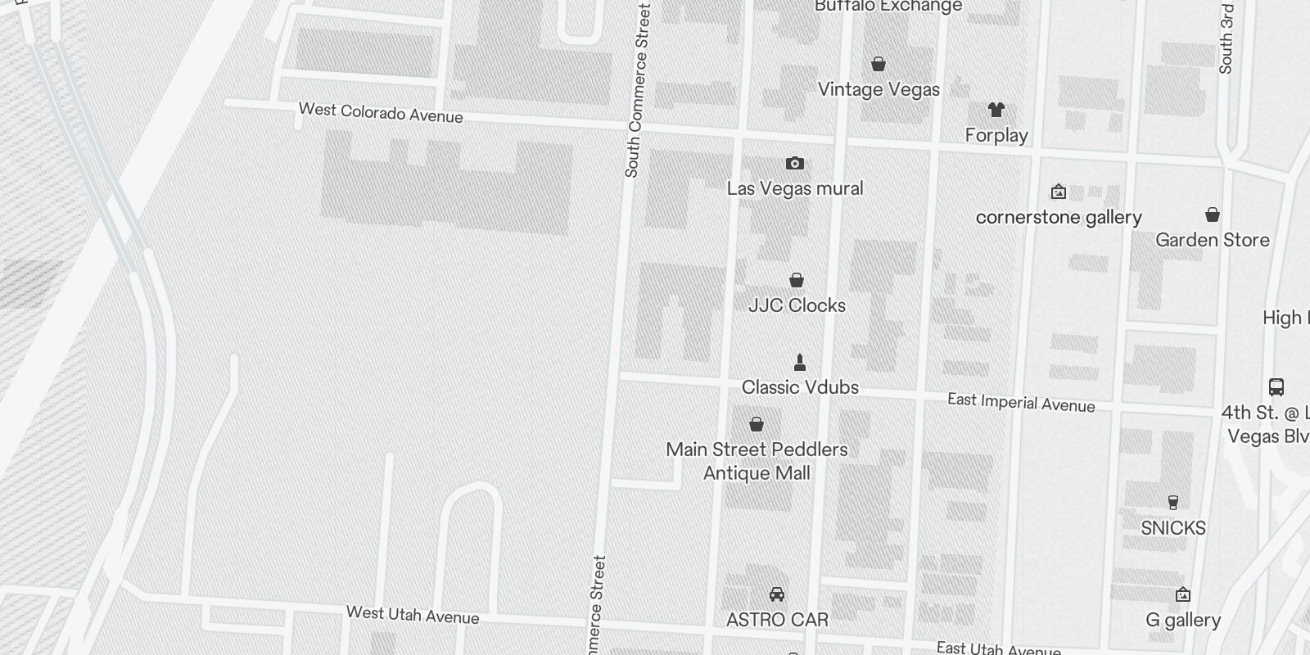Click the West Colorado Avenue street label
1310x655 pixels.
tap(381, 112)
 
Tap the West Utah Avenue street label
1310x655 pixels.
tap(413, 615)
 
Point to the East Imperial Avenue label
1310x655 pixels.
tap(1021, 402)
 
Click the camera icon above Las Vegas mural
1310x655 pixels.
tap(794, 164)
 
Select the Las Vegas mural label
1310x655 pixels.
tap(795, 189)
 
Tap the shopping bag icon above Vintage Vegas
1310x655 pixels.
tap(879, 64)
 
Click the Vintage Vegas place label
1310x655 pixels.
tap(879, 89)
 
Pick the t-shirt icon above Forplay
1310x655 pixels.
tap(996, 110)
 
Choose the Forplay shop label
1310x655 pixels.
tap(996, 135)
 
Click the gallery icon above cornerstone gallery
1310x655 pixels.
tap(1059, 192)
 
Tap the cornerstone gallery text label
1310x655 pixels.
tap(1059, 218)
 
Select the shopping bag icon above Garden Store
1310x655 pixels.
tap(1213, 215)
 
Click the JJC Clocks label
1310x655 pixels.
tap(797, 305)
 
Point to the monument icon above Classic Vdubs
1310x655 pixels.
tap(800, 362)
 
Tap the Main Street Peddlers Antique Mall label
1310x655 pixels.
tap(757, 461)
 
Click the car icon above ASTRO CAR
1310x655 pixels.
tap(777, 594)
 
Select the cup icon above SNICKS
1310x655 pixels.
tap(1173, 503)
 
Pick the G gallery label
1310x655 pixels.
tap(1183, 621)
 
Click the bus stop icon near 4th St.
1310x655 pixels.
tap(1276, 386)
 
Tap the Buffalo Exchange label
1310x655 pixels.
tap(888, 7)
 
